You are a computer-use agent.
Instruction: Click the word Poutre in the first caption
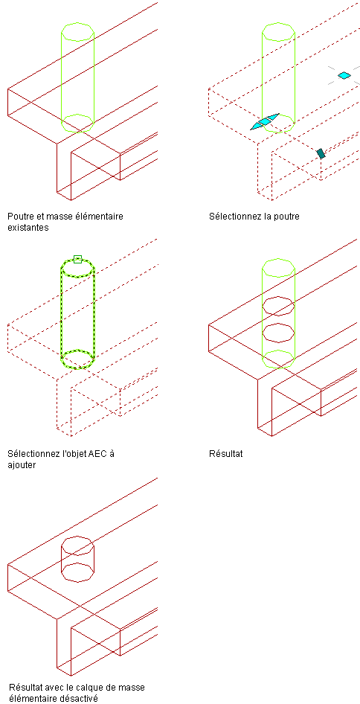coord(20,217)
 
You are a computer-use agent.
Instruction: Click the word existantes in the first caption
coord(28,227)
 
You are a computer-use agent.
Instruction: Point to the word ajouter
coord(22,464)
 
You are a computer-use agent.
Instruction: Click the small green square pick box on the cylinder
coord(77,259)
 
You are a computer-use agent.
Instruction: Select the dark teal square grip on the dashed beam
coord(321,153)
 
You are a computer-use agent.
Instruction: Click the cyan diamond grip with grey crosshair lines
coord(344,75)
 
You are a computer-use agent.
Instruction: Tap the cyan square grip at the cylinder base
coord(265,121)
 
